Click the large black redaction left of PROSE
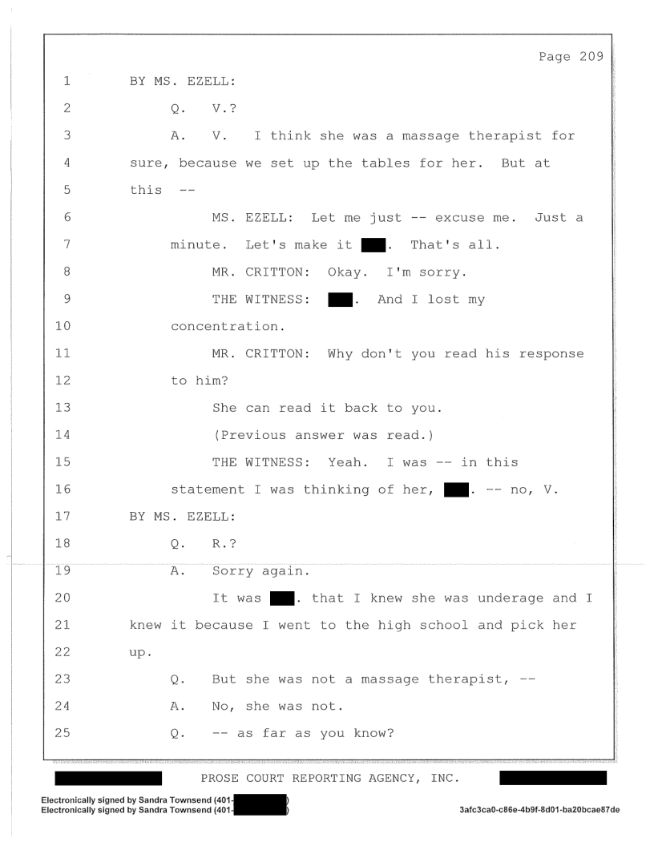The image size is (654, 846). (108, 777)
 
